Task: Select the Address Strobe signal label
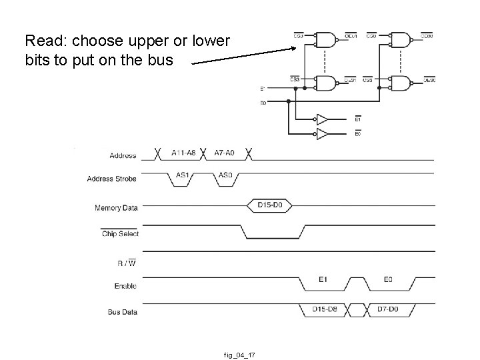pyautogui.click(x=111, y=179)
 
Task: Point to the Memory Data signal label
pyautogui.click(x=116, y=208)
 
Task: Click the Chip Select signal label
pyautogui.click(x=119, y=234)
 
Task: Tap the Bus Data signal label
pyautogui.click(x=122, y=311)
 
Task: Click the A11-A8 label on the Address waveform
pyautogui.click(x=183, y=153)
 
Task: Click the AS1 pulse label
pyautogui.click(x=183, y=175)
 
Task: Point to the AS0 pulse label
pyautogui.click(x=226, y=175)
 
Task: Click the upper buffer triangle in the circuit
pyautogui.click(x=322, y=119)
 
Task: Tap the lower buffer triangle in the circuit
pyautogui.click(x=322, y=134)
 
